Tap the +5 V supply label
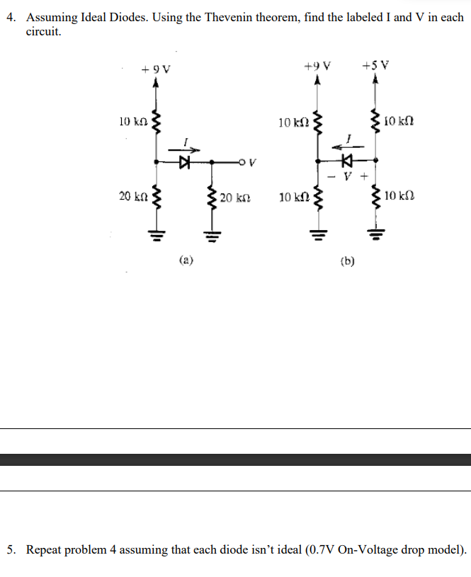coord(374,67)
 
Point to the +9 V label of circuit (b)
coord(317,67)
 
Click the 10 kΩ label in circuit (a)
coord(133,122)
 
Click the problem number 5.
coord(11,549)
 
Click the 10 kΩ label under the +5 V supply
coord(402,121)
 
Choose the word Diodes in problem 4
coord(125,17)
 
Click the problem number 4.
coord(11,17)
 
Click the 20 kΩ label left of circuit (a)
coord(133,195)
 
